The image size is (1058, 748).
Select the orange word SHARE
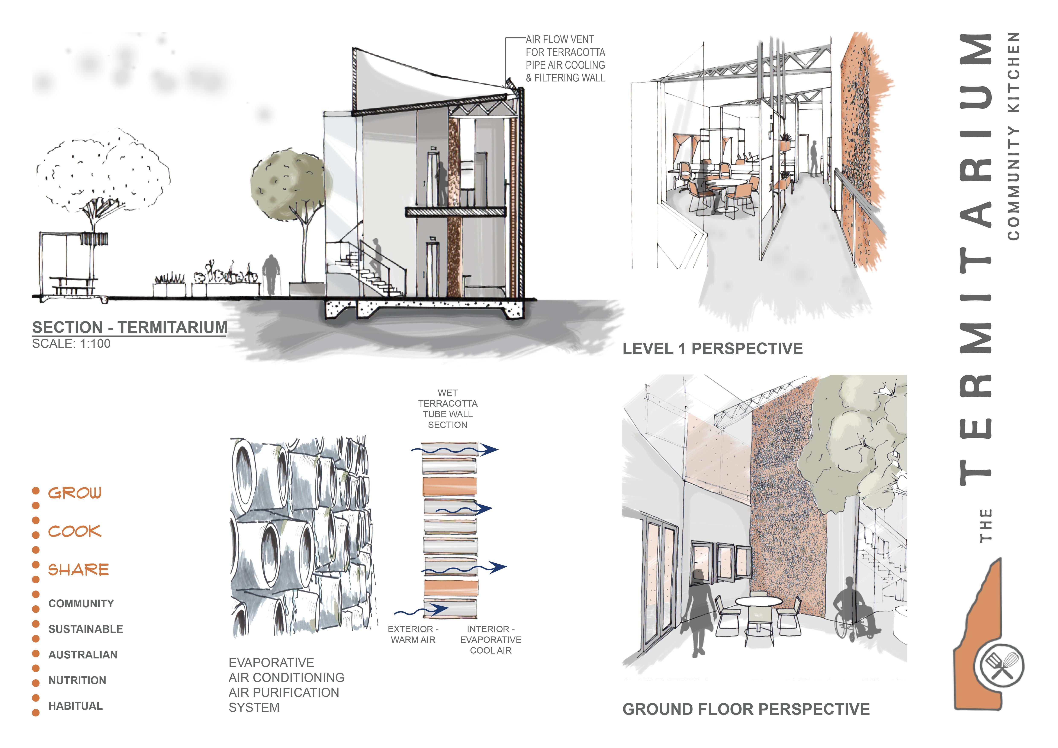[x=78, y=570]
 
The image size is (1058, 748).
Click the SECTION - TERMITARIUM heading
[x=129, y=328]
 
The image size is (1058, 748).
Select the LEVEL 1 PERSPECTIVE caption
[x=712, y=349]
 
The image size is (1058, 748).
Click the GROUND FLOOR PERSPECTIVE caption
[x=746, y=709]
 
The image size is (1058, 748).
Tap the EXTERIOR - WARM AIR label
[x=413, y=634]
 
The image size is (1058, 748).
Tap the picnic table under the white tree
[x=74, y=285]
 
